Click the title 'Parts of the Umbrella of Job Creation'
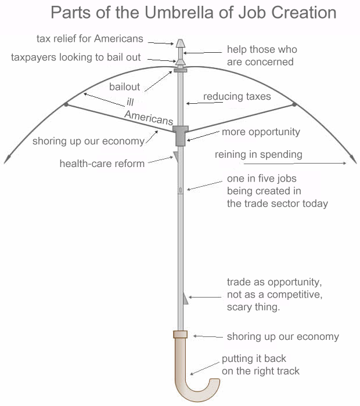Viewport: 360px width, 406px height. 193,13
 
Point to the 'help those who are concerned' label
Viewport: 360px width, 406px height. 260,56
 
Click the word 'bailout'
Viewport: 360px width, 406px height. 125,87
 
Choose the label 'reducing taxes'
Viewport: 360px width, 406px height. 237,96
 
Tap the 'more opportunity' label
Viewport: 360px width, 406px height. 261,132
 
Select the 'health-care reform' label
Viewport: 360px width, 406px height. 102,164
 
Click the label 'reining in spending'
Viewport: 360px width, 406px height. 258,154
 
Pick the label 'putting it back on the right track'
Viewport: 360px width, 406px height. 260,365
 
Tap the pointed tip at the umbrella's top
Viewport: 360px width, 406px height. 180,43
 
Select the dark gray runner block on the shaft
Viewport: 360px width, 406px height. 181,136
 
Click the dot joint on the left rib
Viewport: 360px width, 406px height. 67,104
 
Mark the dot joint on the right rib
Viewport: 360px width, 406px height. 294,104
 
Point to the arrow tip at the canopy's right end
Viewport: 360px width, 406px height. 353,159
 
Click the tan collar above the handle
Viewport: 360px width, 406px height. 180,334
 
